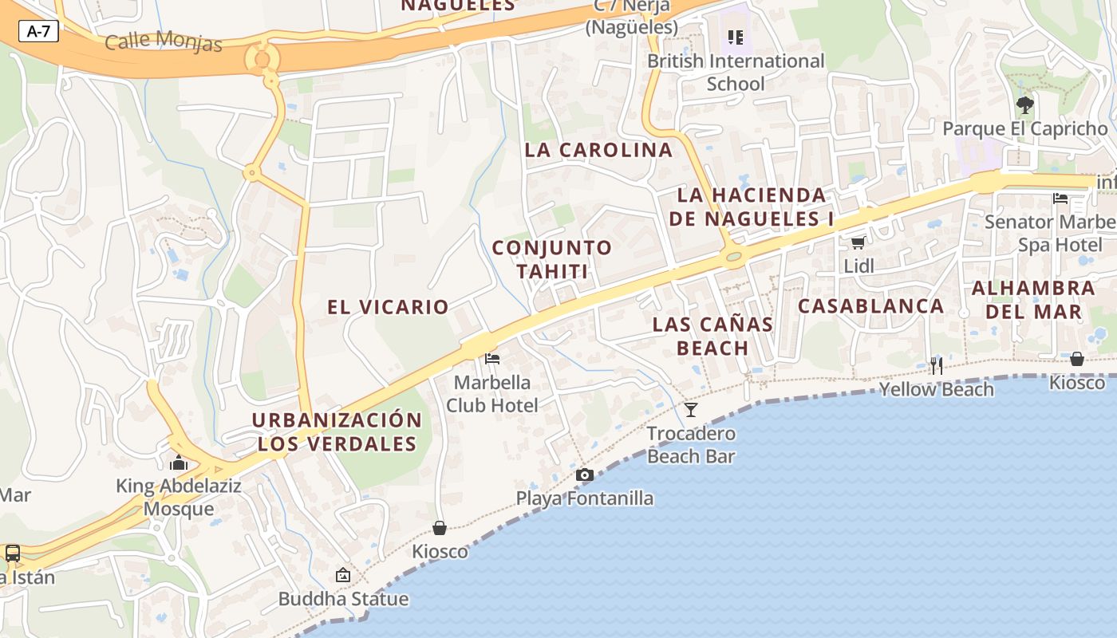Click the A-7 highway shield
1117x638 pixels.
pyautogui.click(x=38, y=31)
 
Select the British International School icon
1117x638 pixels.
pyautogui.click(x=736, y=37)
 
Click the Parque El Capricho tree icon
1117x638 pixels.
pyautogui.click(x=1025, y=104)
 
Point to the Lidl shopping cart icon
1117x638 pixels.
pyautogui.click(x=858, y=242)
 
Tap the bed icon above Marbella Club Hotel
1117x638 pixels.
pyautogui.click(x=492, y=359)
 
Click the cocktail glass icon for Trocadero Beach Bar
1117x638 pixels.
pyautogui.click(x=691, y=410)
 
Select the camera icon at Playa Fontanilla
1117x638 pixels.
pyautogui.click(x=584, y=475)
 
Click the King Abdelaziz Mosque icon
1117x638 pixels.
pyautogui.click(x=178, y=463)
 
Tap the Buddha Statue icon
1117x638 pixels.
pyautogui.click(x=343, y=575)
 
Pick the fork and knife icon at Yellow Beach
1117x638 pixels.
pyautogui.click(x=936, y=366)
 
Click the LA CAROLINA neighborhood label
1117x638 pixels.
pyautogui.click(x=598, y=150)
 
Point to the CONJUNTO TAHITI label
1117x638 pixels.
pyautogui.click(x=552, y=259)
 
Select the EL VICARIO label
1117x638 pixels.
pyautogui.click(x=388, y=307)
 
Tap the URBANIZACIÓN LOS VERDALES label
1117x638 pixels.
pyautogui.click(x=337, y=431)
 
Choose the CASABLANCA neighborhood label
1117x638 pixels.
pyautogui.click(x=870, y=306)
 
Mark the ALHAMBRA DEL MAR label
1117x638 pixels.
pyautogui.click(x=1032, y=299)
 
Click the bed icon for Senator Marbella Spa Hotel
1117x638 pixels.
pyautogui.click(x=1060, y=198)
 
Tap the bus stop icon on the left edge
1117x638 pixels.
pyautogui.click(x=13, y=553)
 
